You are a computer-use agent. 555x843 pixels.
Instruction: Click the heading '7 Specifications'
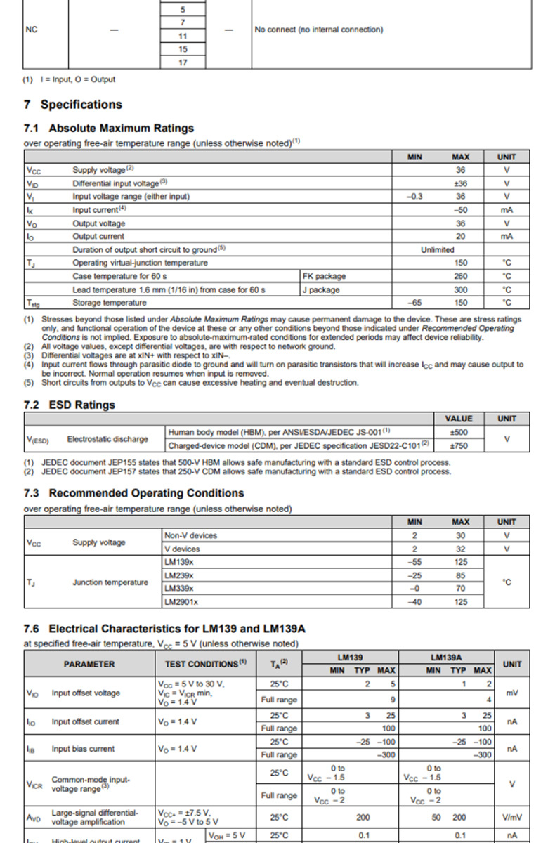pos(73,105)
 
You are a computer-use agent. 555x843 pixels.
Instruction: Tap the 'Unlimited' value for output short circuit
pos(438,249)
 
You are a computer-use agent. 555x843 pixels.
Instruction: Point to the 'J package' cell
pos(321,289)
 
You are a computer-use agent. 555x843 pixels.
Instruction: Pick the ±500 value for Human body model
pos(459,432)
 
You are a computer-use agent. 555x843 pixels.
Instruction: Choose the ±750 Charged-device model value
pos(459,445)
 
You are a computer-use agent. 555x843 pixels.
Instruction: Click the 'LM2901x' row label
pos(181,602)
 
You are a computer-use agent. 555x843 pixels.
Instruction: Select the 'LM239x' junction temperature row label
pos(179,575)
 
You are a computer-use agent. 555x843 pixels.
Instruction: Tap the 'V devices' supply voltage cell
pos(182,549)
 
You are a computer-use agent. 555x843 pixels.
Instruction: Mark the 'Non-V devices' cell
pos(190,535)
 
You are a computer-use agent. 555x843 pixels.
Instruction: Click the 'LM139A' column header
pos(445,657)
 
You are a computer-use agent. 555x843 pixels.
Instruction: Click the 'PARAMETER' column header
pos(89,664)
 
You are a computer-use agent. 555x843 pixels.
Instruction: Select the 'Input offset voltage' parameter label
pos(86,693)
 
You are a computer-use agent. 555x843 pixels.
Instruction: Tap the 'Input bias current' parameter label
pos(81,749)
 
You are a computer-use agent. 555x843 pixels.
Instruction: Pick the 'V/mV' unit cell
pos(512,818)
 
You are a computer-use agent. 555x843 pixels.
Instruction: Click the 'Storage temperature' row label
pos(110,303)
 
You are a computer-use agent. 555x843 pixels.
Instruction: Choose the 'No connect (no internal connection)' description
pos(319,30)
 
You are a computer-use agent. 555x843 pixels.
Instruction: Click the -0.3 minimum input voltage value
pos(414,197)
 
